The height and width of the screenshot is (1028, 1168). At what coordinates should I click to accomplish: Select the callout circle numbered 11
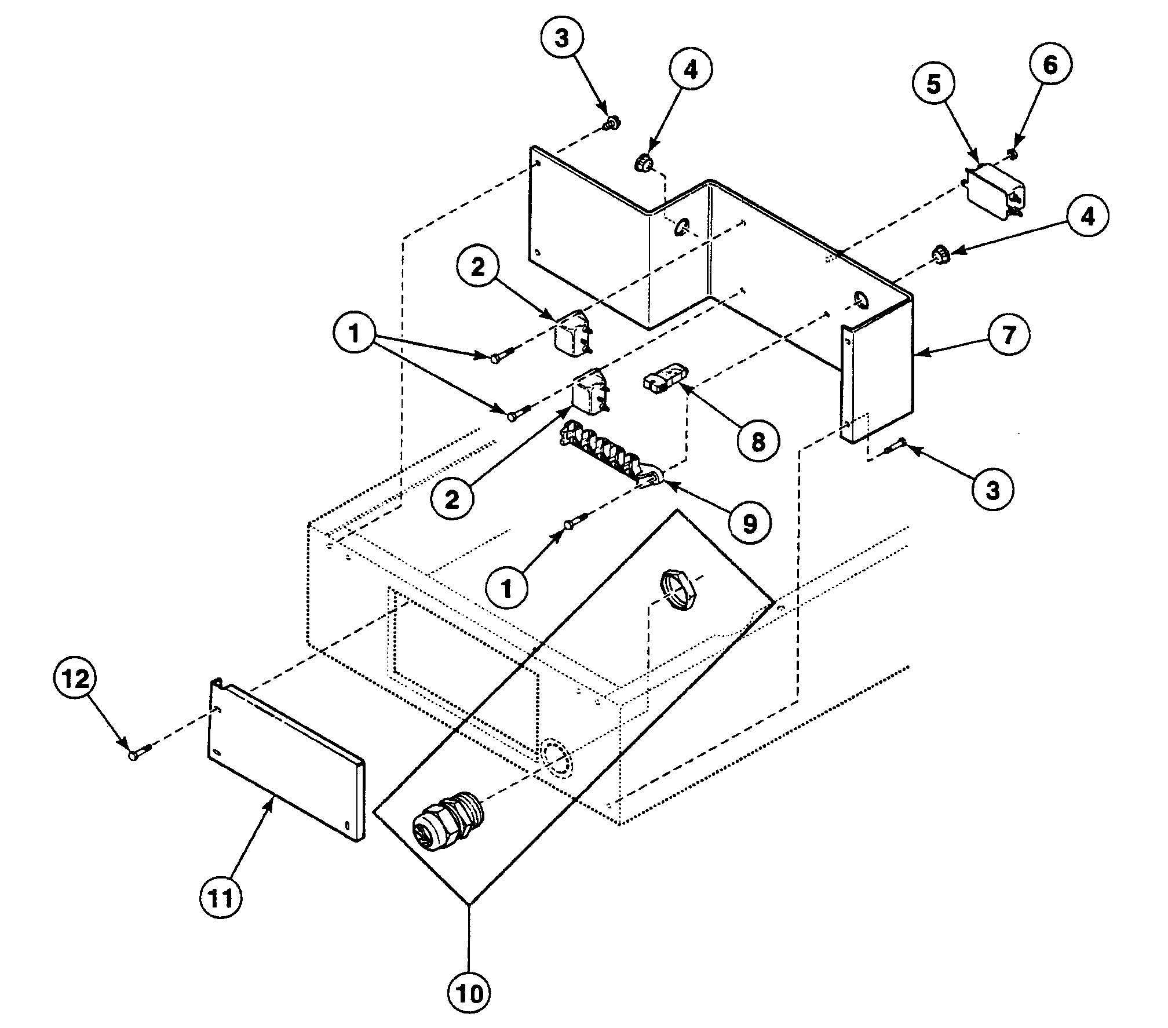221,898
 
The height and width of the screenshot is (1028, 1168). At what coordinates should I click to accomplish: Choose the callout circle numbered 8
758,442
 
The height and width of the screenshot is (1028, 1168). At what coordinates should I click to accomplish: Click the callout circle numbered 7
1009,335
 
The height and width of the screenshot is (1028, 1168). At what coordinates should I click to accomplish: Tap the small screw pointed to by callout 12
136,755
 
